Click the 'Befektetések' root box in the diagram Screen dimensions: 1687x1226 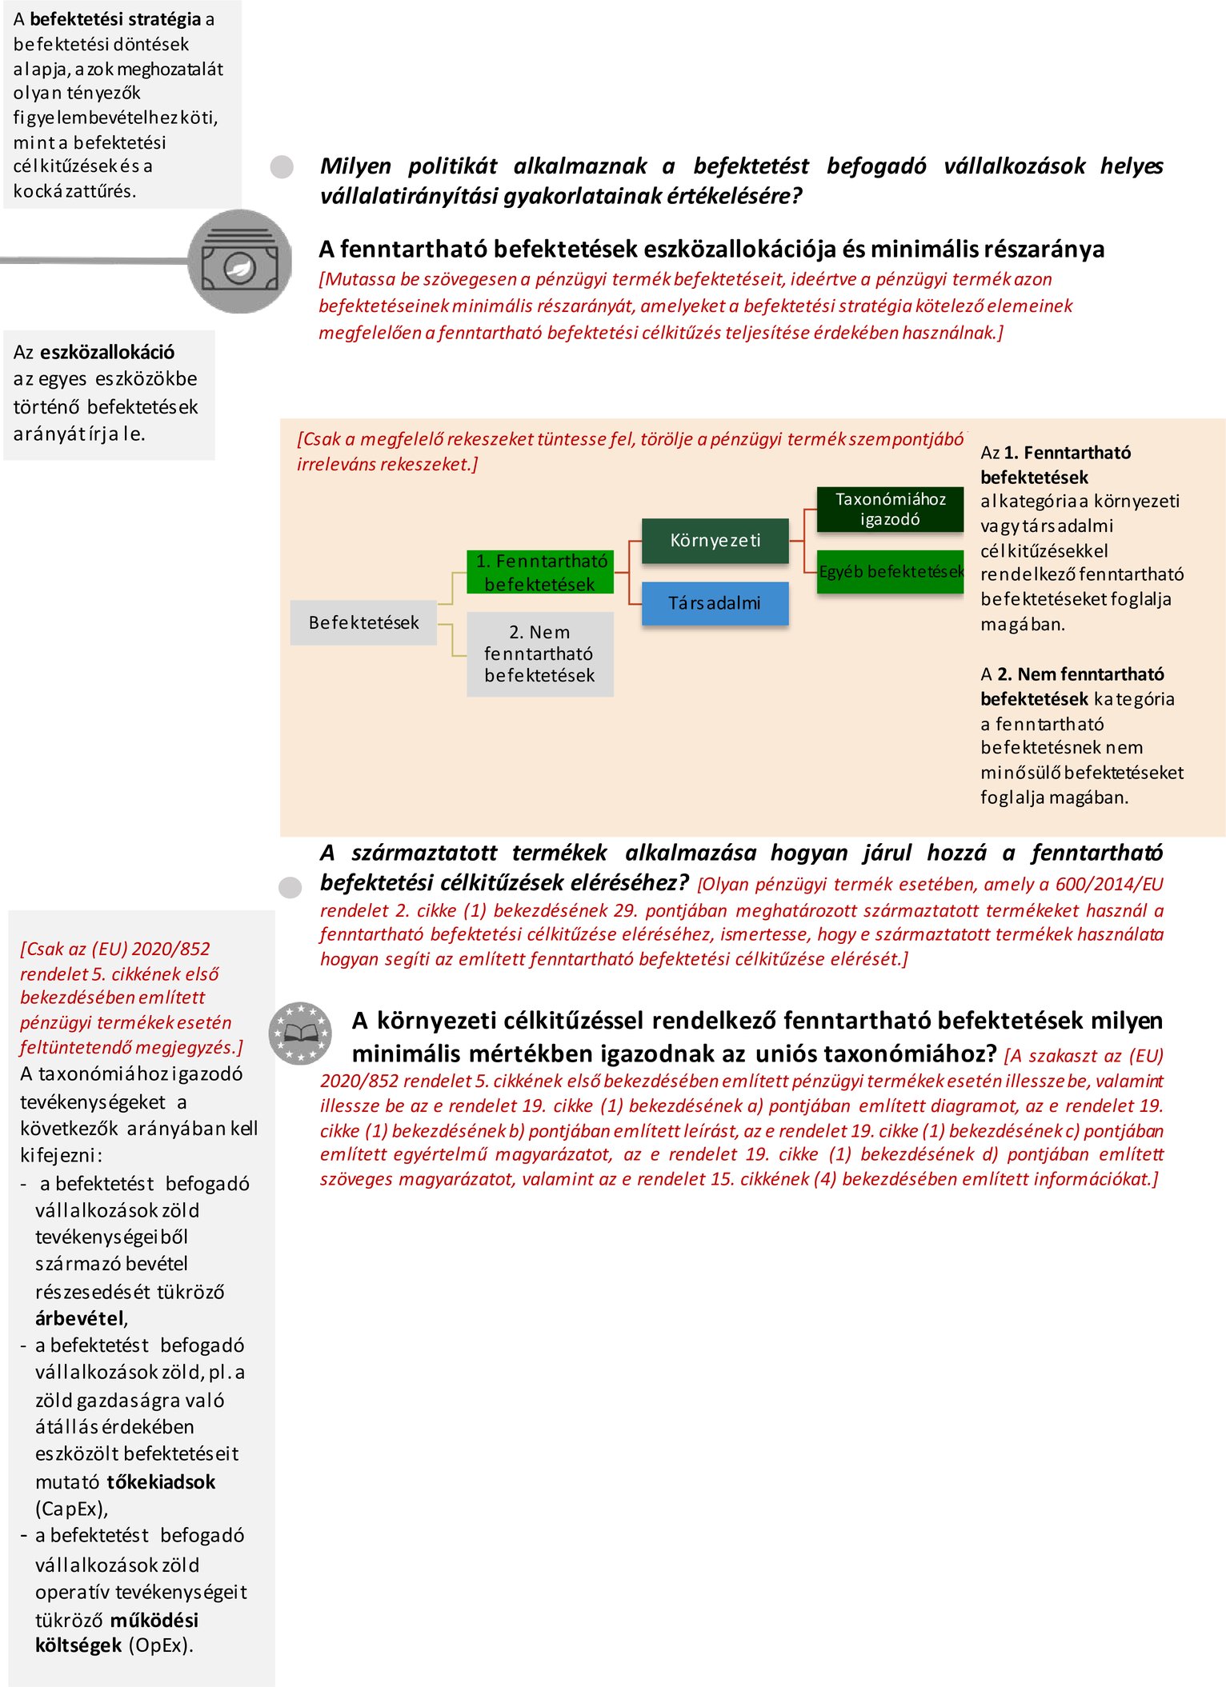pos(363,622)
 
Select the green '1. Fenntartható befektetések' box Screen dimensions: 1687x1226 pos(540,572)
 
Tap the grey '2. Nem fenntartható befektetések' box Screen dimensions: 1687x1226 pos(540,654)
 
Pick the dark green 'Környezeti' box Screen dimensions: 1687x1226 pos(715,541)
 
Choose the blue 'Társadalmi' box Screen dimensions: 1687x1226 pos(715,603)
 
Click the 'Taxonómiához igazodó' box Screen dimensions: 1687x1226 pos(890,510)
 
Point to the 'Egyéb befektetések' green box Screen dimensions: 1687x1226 pos(891,571)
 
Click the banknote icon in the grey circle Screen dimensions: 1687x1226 pos(240,262)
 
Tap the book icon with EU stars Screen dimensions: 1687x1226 pos(300,1033)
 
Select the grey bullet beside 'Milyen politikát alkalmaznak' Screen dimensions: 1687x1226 pos(282,166)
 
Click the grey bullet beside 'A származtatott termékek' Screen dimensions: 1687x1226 pos(290,887)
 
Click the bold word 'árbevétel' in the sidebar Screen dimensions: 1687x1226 pos(79,1318)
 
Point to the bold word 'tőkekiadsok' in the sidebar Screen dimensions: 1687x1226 pos(161,1481)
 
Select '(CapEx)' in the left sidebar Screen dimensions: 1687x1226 pos(70,1509)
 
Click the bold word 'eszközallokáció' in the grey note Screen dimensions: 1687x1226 pos(107,352)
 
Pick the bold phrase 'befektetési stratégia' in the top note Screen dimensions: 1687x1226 pos(115,19)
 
